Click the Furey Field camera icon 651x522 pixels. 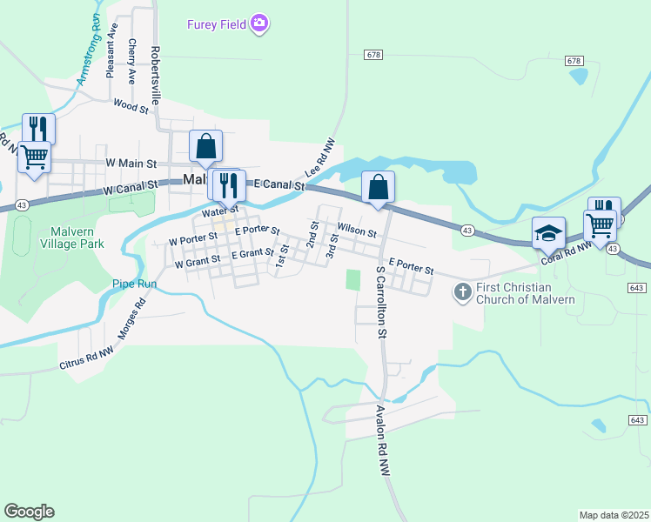click(258, 23)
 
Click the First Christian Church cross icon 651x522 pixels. click(463, 292)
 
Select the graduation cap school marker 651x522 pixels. click(549, 233)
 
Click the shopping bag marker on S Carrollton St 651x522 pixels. click(379, 187)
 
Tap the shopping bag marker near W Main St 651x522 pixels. click(206, 146)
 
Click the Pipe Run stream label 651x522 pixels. click(134, 284)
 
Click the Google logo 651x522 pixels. click(29, 512)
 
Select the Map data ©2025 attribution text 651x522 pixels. click(614, 515)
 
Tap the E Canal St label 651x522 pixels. click(279, 185)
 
